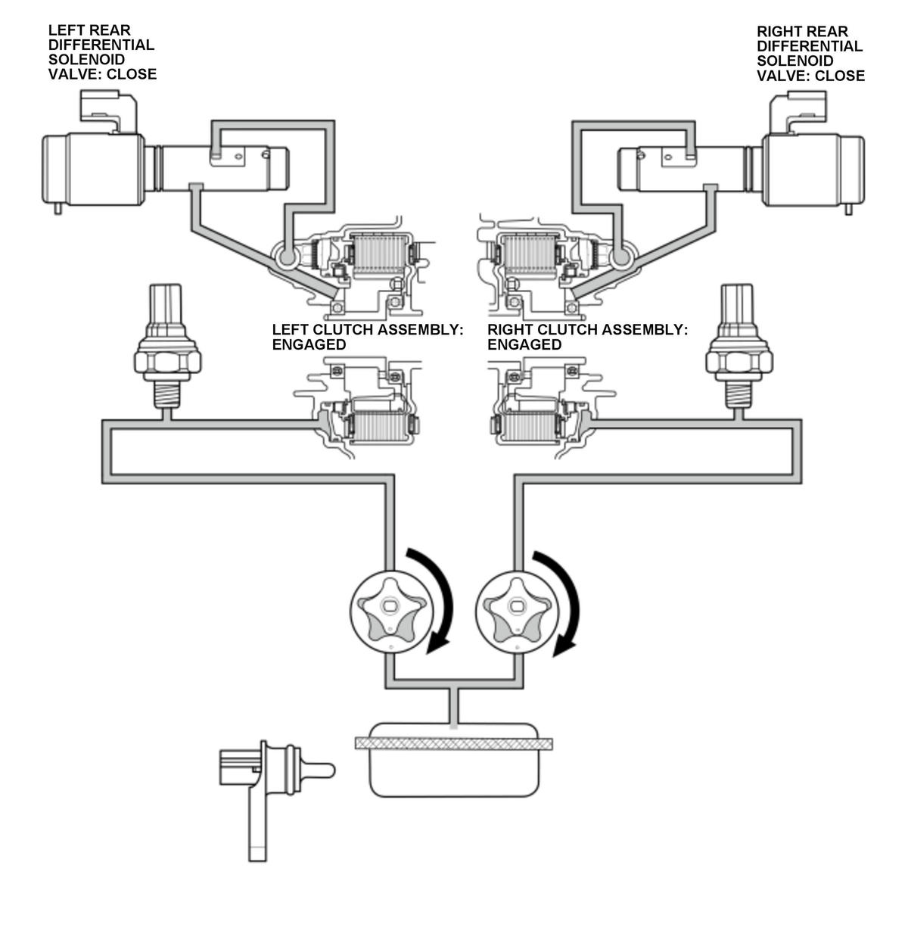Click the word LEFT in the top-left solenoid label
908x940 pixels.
(x=66, y=30)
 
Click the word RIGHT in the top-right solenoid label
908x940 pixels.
(x=779, y=31)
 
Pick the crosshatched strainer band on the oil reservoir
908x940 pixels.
(x=453, y=743)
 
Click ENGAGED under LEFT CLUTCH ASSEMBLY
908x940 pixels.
(x=309, y=344)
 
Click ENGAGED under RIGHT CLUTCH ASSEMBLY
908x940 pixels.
(x=524, y=344)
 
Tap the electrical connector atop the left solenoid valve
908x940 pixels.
(x=109, y=111)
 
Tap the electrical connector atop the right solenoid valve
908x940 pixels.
(x=798, y=112)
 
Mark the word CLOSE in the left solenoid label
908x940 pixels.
(x=132, y=74)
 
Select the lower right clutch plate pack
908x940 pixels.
(x=530, y=425)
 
